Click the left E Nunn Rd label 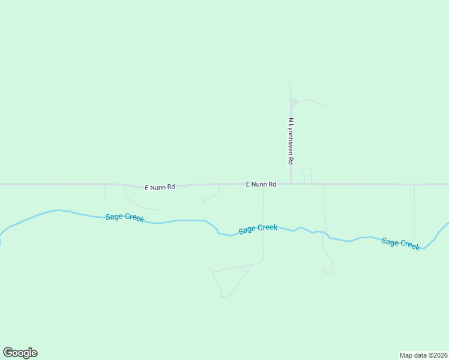pyautogui.click(x=160, y=187)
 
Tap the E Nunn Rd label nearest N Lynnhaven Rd pyautogui.click(x=261, y=184)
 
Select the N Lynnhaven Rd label pyautogui.click(x=291, y=141)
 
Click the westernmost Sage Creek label pyautogui.click(x=124, y=217)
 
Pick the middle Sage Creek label pyautogui.click(x=258, y=229)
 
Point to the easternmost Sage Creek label pyautogui.click(x=400, y=243)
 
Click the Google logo pyautogui.click(x=20, y=353)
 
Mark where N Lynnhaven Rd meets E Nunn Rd pyautogui.click(x=291, y=184)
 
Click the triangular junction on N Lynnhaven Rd pyautogui.click(x=293, y=103)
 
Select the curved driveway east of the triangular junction pyautogui.click(x=315, y=102)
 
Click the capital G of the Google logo pyautogui.click(x=8, y=352)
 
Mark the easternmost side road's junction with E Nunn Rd pyautogui.click(x=414, y=185)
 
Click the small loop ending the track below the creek pyautogui.click(x=328, y=272)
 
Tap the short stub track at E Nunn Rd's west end pyautogui.click(x=105, y=191)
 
